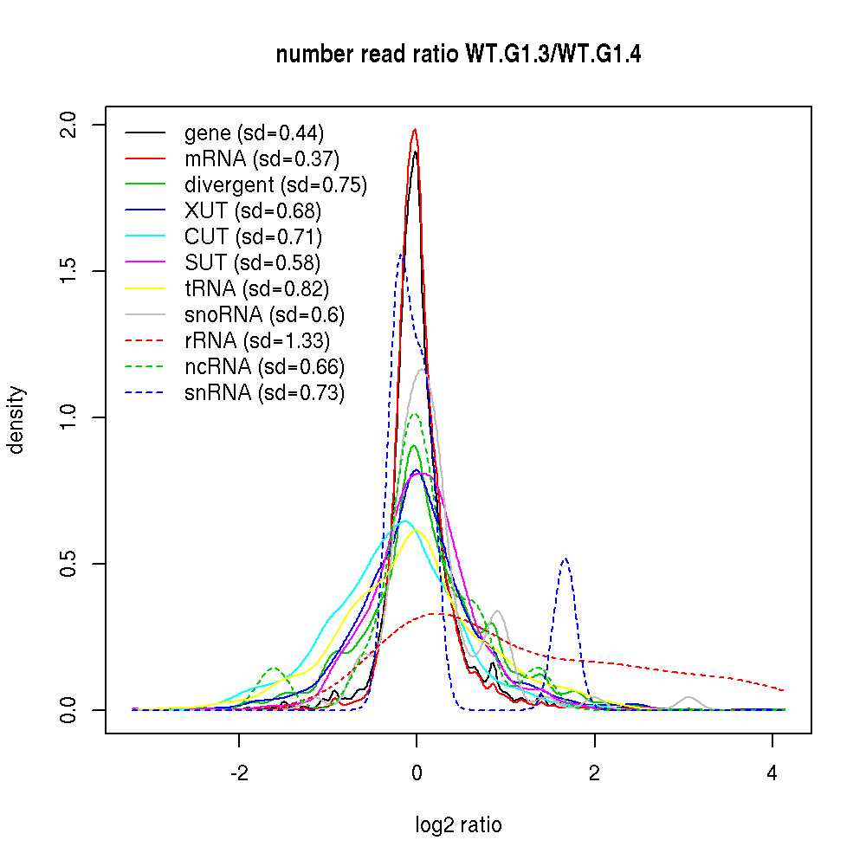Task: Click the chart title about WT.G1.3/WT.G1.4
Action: pos(458,55)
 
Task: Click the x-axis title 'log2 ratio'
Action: pos(458,825)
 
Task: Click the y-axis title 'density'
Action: pos(16,419)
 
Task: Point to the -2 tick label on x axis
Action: pos(239,773)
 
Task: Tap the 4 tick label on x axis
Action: pos(772,773)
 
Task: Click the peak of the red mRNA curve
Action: pos(416,130)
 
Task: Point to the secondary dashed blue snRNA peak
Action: pos(565,559)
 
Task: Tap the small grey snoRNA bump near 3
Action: pos(688,697)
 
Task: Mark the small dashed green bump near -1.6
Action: pos(275,669)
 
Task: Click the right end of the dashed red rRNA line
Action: pos(784,690)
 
